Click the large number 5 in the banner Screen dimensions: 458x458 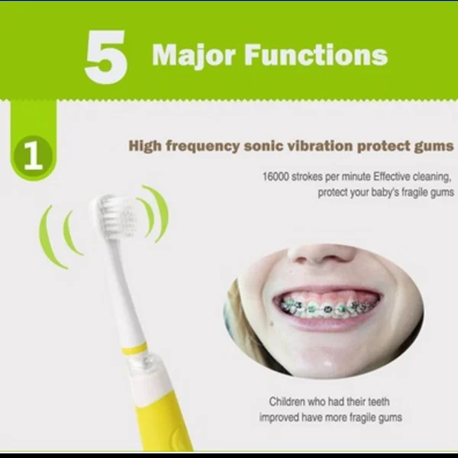coord(106,56)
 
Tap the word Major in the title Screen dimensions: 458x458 coord(194,56)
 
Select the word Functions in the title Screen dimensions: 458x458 coord(316,55)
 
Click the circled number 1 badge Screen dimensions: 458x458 coord(33,156)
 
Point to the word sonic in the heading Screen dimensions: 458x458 coord(264,146)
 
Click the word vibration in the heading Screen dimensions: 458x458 coord(320,146)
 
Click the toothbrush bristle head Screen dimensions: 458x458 coord(117,217)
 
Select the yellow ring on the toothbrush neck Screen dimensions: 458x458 coord(134,349)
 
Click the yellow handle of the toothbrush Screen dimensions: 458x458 coord(163,421)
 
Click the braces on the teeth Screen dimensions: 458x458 coord(327,308)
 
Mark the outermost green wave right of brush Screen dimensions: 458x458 coord(160,213)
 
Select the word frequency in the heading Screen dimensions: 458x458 coord(203,147)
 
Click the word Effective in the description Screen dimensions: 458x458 coord(392,177)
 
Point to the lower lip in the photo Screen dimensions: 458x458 coord(327,324)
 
